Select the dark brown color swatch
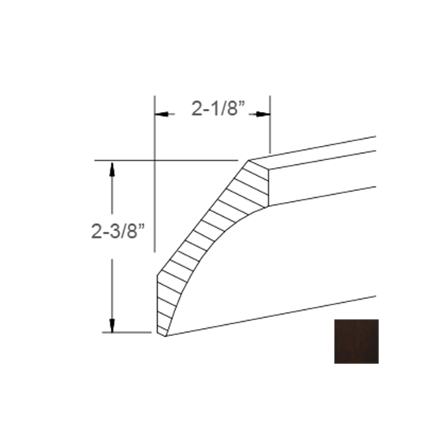pos(356,341)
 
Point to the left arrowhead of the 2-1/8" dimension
pos(160,115)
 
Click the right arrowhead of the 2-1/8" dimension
pos(264,115)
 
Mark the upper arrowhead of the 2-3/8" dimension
pos(113,168)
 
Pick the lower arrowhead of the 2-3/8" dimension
pos(113,325)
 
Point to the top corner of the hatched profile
pos(249,161)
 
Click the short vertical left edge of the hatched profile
pos(158,304)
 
